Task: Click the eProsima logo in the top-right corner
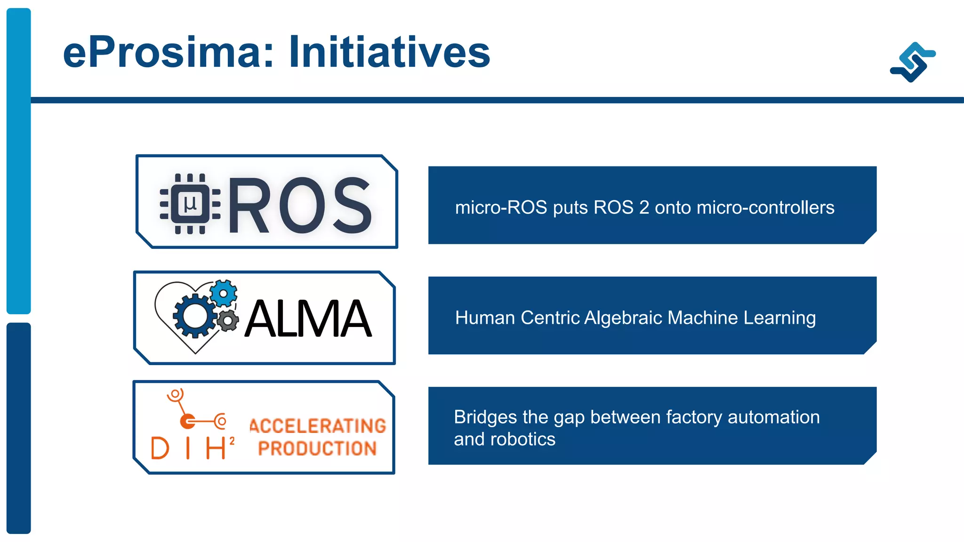pyautogui.click(x=913, y=62)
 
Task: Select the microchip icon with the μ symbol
pyautogui.click(x=190, y=204)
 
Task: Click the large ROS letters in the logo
pyautogui.click(x=300, y=206)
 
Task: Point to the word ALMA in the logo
pyautogui.click(x=308, y=319)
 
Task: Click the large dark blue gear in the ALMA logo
pyautogui.click(x=195, y=315)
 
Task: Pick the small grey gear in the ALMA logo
pyautogui.click(x=228, y=321)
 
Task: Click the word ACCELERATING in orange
pyautogui.click(x=318, y=426)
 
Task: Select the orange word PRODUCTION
pyautogui.click(x=318, y=448)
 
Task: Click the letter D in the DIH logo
pyautogui.click(x=160, y=448)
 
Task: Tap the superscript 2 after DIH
pyautogui.click(x=232, y=441)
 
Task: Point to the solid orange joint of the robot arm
pyautogui.click(x=188, y=421)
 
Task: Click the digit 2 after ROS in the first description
pyautogui.click(x=644, y=207)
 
